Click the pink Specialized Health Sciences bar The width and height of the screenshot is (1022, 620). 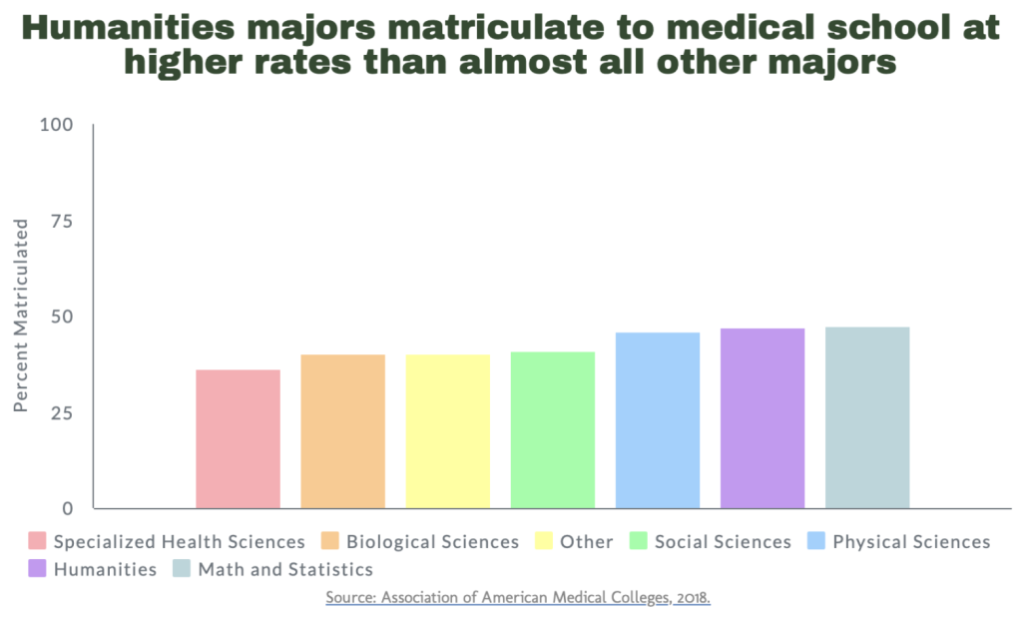(x=238, y=439)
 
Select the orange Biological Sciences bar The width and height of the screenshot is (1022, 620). (x=342, y=431)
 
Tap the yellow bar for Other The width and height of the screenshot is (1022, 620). (x=448, y=431)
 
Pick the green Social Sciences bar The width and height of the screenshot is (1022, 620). (x=553, y=430)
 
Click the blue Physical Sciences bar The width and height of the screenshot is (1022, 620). (x=658, y=420)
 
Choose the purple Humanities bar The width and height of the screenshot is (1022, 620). (x=763, y=418)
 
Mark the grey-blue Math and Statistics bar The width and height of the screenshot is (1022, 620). (x=867, y=417)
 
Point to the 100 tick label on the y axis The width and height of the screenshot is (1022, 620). (x=56, y=125)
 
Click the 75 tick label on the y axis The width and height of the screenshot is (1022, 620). (x=62, y=221)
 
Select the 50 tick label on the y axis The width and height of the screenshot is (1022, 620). (x=62, y=316)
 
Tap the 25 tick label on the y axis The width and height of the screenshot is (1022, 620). (x=62, y=412)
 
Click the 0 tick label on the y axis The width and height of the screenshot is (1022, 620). (x=68, y=508)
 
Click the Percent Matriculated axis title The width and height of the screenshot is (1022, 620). (x=22, y=315)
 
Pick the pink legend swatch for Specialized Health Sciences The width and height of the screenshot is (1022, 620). (x=38, y=542)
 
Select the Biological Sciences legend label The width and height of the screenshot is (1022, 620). (x=432, y=542)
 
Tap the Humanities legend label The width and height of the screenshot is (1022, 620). (x=105, y=570)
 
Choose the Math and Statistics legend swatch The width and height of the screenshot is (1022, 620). (x=182, y=570)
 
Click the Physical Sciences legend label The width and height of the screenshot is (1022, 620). (x=911, y=542)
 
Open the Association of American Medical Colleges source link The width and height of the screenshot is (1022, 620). (x=517, y=597)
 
